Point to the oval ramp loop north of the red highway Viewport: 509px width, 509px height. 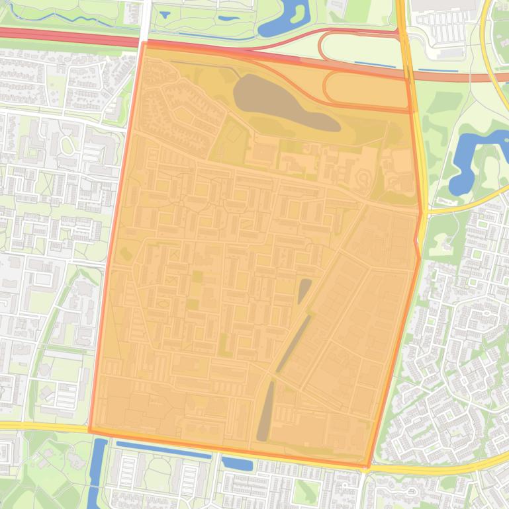pos(357,46)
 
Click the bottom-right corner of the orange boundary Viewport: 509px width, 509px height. pos(366,467)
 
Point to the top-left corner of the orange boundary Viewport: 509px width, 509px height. pos(143,43)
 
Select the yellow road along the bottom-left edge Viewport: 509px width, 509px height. pos(40,426)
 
